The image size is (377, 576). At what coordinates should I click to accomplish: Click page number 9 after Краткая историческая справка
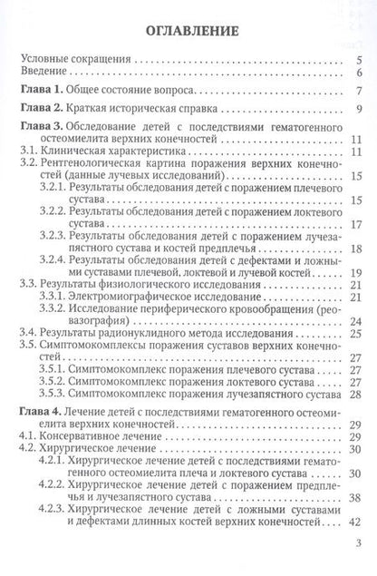tap(360, 112)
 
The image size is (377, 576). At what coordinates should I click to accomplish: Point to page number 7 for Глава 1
tap(360, 93)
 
